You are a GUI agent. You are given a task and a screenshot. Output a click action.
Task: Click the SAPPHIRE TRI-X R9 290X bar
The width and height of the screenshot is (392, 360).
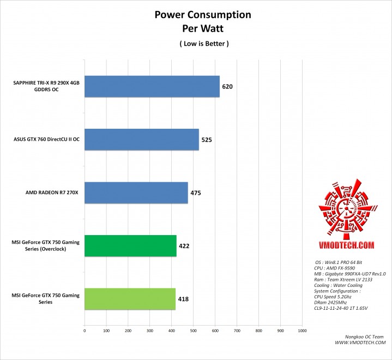pos(152,86)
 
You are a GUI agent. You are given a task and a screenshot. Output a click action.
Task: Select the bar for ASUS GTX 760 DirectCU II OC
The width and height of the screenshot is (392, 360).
pos(141,139)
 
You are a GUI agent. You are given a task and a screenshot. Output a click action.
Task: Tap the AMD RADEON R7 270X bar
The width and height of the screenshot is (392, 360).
pos(136,193)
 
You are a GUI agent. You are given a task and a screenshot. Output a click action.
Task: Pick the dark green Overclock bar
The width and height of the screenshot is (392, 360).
pos(130,245)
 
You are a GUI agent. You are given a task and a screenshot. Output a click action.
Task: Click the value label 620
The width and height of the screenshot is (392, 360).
pos(228,87)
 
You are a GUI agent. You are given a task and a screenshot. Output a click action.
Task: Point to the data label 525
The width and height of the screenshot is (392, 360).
pos(207,140)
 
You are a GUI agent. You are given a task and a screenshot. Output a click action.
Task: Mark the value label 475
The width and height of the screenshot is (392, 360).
pos(196,193)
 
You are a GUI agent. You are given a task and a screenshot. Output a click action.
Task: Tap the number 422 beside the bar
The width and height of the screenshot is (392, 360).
pos(184,246)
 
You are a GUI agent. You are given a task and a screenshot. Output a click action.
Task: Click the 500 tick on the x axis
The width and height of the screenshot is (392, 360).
pos(193,330)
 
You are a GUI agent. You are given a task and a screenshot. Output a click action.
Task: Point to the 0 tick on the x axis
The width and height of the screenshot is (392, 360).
pos(85,330)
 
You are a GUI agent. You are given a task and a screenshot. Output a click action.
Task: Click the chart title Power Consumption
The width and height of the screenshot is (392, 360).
pos(195,14)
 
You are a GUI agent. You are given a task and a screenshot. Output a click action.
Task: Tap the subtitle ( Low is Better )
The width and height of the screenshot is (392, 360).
pos(195,43)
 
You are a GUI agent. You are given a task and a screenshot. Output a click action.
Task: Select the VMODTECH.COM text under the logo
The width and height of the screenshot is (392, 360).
pos(345,245)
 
